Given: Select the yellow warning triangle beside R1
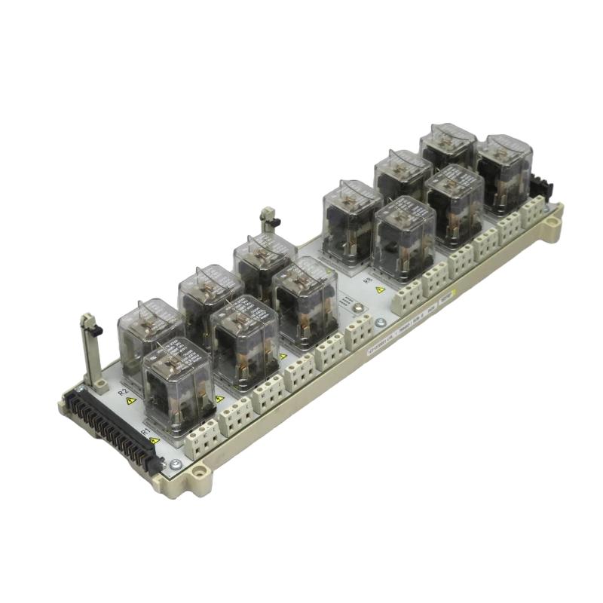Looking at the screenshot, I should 155,440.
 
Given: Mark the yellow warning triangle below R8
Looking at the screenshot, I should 380,289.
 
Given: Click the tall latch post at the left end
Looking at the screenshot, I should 90,350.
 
